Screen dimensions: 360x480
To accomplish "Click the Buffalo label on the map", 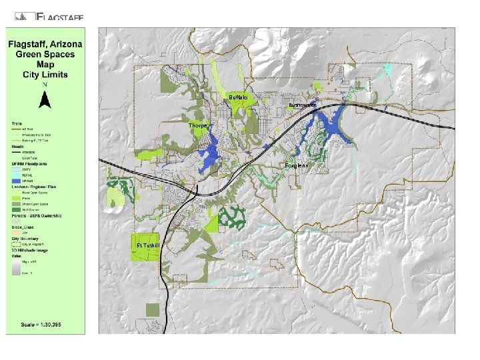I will point(238,98).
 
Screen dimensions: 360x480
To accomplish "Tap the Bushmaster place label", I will point(302,106).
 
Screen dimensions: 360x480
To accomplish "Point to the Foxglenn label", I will point(297,165).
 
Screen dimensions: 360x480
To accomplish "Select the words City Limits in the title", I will point(45,75).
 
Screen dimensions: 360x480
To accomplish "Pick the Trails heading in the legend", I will point(17,123).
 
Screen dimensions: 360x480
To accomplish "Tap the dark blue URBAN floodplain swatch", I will point(15,181).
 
